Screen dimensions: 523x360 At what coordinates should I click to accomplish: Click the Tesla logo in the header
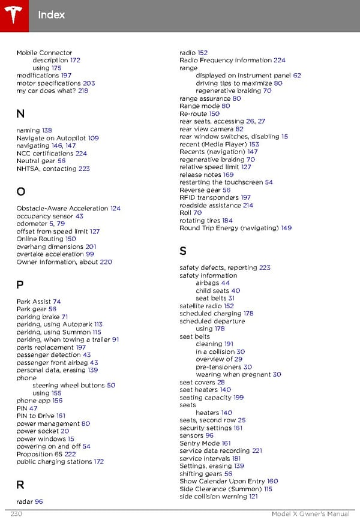(13, 13)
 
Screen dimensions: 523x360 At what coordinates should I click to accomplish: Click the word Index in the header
(51, 14)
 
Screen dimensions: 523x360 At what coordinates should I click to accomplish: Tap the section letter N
(20, 114)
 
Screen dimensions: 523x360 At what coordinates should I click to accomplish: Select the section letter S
(184, 251)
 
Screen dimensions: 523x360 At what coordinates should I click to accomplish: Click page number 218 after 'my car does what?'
(83, 91)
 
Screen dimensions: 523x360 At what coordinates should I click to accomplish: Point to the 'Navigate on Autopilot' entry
(52, 138)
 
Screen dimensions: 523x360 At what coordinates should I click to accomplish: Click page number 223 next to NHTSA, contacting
(84, 169)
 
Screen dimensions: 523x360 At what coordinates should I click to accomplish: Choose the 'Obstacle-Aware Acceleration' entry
(62, 209)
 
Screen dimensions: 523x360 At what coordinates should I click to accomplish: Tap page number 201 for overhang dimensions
(91, 247)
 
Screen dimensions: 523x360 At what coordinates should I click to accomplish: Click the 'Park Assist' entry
(34, 302)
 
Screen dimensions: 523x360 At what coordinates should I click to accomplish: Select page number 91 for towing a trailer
(115, 339)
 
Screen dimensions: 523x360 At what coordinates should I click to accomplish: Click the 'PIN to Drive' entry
(35, 416)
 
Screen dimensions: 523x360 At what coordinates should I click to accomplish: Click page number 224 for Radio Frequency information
(279, 61)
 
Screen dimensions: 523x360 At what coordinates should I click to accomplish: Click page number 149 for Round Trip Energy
(286, 228)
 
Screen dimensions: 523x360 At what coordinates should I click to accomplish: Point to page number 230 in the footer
(16, 514)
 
